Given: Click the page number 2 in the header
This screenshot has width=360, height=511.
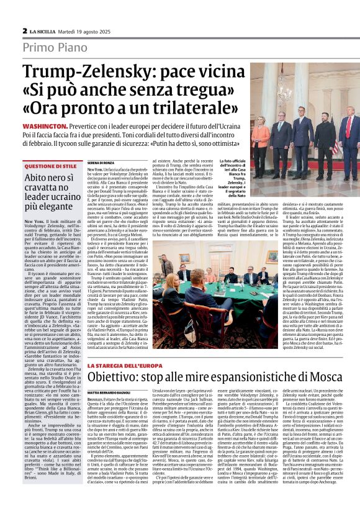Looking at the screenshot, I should point(25,30).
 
